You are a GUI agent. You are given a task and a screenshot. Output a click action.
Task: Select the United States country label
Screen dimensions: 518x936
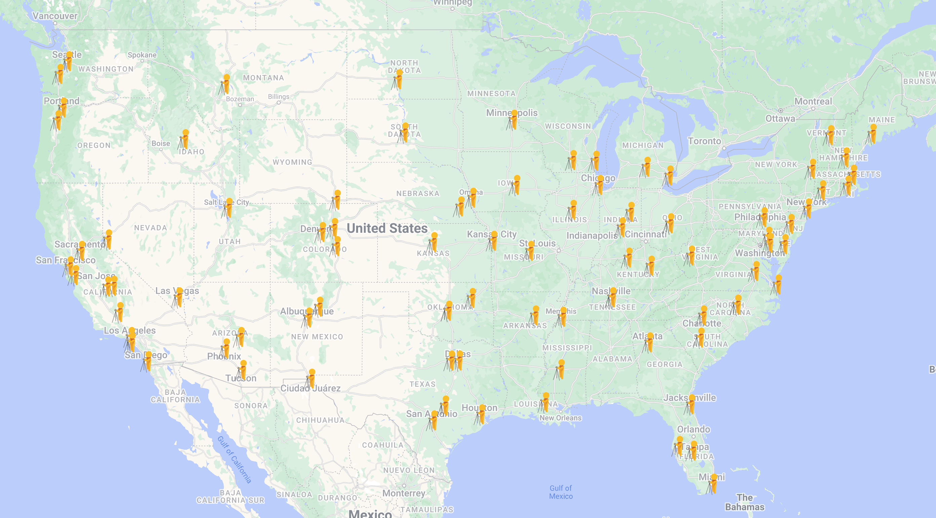coord(387,228)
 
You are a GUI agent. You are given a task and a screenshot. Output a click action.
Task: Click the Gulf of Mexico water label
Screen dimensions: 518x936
coord(561,492)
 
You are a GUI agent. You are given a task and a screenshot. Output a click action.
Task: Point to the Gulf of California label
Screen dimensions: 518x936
coord(234,459)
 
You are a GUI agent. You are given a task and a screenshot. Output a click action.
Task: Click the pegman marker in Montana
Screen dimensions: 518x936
coord(225,85)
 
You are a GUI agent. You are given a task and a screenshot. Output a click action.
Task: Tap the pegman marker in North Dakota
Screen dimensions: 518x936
coord(398,80)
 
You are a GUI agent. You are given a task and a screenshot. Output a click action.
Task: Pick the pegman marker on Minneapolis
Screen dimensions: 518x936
coord(513,120)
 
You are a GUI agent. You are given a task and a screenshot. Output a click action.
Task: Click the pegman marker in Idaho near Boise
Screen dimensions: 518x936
coord(184,140)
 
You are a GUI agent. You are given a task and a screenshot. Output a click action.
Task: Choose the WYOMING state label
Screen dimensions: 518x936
coord(292,162)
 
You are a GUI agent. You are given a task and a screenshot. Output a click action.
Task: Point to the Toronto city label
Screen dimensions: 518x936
coord(704,141)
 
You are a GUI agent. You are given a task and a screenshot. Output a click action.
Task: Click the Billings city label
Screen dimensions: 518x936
coord(278,97)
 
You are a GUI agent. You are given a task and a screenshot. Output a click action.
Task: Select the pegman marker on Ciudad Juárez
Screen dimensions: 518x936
coord(311,379)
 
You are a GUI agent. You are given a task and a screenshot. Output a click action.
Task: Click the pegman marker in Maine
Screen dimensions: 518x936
coord(872,135)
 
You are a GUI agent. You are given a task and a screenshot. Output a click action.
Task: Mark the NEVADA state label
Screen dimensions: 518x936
coord(150,228)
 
